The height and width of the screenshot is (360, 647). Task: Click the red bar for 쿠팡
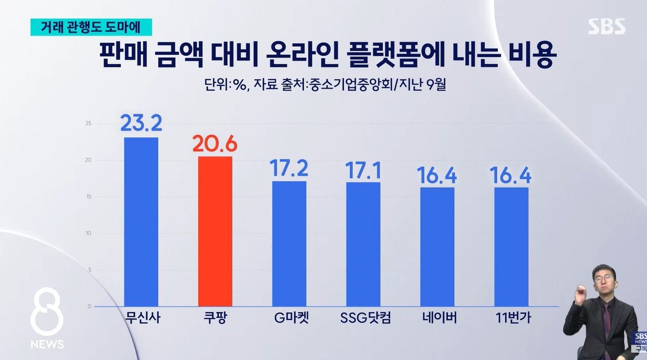215,231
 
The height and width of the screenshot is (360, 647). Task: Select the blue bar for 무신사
141,221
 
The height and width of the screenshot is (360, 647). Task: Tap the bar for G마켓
289,244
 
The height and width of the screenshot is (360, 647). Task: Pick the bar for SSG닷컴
363,244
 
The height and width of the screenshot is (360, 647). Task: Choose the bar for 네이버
437,247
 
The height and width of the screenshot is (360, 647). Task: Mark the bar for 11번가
511,247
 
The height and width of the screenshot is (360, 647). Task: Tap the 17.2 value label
288,168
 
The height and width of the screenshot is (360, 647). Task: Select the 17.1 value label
363,169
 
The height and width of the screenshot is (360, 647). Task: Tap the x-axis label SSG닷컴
363,319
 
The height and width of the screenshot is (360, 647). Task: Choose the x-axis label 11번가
511,319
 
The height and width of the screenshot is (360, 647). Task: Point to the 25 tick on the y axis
88,124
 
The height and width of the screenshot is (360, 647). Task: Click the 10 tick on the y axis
88,233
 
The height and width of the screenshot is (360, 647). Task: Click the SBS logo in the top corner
606,26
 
